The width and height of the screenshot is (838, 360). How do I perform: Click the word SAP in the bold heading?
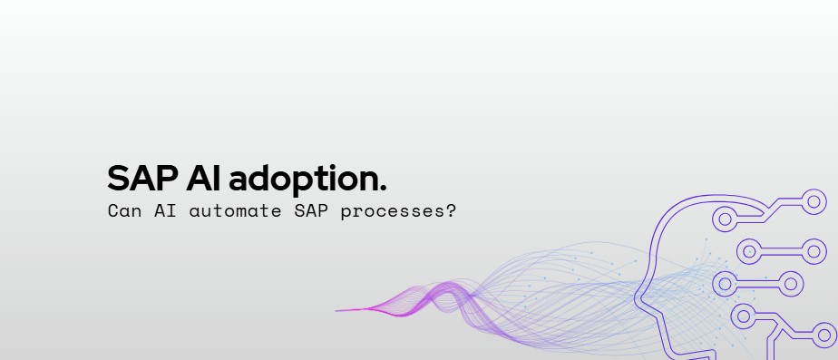point(142,178)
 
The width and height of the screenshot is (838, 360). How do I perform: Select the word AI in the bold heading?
point(203,178)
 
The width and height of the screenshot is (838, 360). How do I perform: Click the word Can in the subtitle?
point(124,210)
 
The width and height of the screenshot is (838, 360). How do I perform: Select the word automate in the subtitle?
point(235,211)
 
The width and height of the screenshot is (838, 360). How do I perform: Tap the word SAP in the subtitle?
point(311,210)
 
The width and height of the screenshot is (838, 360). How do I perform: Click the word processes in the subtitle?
point(393,212)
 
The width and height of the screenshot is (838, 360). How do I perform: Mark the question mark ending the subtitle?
point(451,210)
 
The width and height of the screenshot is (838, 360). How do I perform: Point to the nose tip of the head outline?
point(636,299)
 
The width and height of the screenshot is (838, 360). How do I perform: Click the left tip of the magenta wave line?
point(336,310)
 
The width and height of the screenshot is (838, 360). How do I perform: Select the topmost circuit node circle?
point(814,201)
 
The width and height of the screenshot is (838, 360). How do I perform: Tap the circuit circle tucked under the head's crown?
point(725,219)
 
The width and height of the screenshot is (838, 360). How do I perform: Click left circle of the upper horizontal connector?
point(749,251)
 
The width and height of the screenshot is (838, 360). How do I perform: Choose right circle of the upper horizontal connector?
point(814,251)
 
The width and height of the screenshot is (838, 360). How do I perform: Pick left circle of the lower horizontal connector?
point(725,284)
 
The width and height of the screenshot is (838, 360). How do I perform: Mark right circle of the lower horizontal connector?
point(791,284)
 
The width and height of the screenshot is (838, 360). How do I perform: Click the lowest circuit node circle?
point(824,336)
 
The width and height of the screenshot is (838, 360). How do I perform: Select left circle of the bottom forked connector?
point(743,316)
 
